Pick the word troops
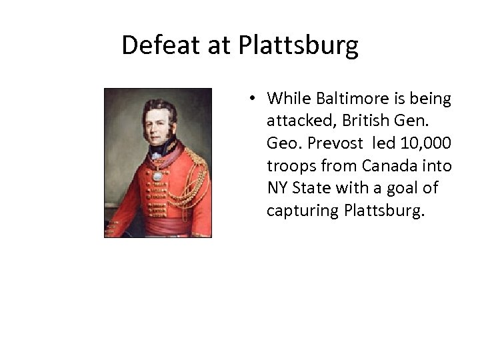[x=287, y=166]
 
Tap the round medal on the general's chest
[x=157, y=176]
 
